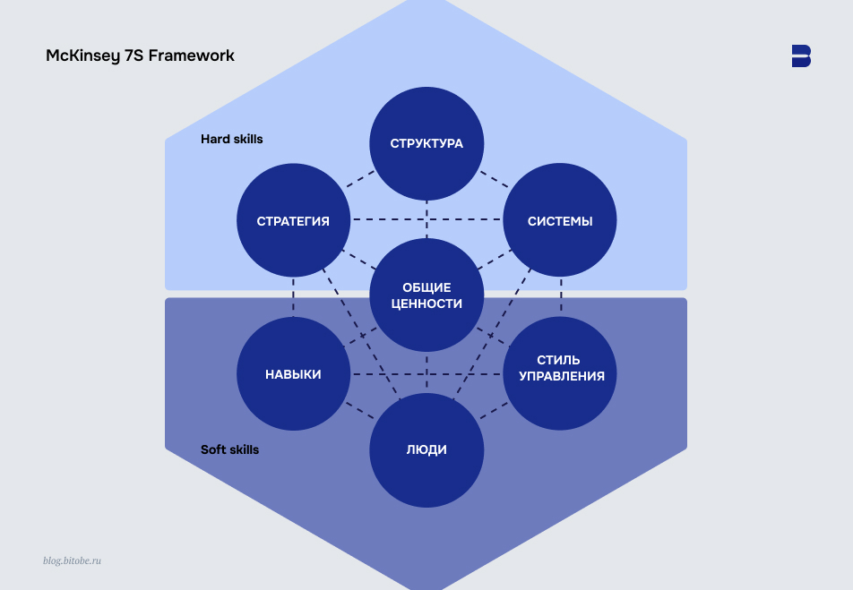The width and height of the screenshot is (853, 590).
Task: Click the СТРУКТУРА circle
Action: coord(426,143)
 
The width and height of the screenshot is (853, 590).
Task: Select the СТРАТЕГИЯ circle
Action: coord(293,221)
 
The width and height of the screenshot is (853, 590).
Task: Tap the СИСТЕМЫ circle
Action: coord(560,221)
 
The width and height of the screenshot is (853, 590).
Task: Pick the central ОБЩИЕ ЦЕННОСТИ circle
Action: coord(426,295)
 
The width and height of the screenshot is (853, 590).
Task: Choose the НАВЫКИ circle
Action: coord(293,374)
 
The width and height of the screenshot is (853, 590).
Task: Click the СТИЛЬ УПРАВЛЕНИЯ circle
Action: coord(560,368)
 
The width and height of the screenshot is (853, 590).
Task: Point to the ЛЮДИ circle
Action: coord(426,449)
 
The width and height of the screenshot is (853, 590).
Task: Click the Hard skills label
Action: coord(231,140)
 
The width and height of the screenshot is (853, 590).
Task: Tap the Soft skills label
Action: coord(229,449)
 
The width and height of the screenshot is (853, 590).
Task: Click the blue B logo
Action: coord(801,56)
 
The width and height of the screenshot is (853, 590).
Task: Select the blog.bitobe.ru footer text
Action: coord(72,560)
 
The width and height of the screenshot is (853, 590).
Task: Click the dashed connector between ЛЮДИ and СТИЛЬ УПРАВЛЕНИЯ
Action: coord(494,413)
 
